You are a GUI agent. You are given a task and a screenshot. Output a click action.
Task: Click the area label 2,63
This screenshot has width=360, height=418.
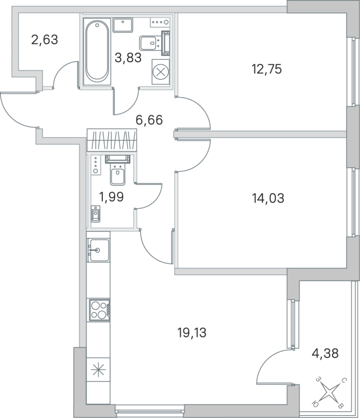click(x=44, y=40)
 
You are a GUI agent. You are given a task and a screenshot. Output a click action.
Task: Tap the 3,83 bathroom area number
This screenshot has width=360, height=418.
click(x=128, y=58)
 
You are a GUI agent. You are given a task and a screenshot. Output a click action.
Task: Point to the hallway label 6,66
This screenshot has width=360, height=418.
click(x=149, y=120)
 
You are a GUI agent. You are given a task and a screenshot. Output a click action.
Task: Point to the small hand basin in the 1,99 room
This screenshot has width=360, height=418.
click(x=96, y=214)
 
